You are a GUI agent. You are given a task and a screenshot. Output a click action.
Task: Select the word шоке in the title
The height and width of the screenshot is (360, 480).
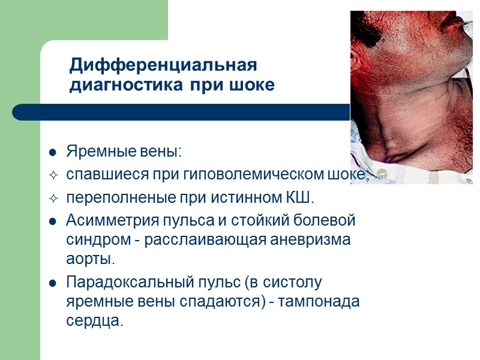point(252,85)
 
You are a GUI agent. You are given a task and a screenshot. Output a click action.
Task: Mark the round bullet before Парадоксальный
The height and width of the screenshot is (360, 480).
point(53,283)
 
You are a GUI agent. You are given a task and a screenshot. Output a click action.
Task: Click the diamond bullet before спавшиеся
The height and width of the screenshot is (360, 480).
point(53,175)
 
